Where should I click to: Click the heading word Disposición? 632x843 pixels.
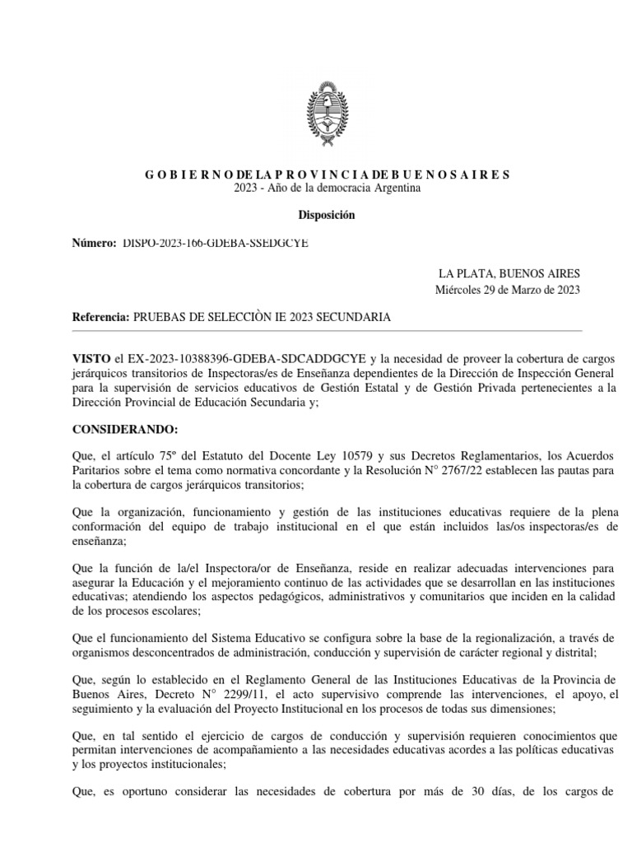click(327, 215)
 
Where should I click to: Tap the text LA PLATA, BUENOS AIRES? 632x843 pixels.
click(509, 274)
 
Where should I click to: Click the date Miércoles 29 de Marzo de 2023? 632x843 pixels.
click(508, 289)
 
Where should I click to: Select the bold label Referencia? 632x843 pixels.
click(101, 317)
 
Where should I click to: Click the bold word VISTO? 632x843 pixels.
click(92, 358)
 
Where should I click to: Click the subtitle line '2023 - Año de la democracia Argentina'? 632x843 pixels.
click(327, 189)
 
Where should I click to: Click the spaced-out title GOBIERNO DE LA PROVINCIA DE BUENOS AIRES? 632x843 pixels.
click(327, 175)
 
